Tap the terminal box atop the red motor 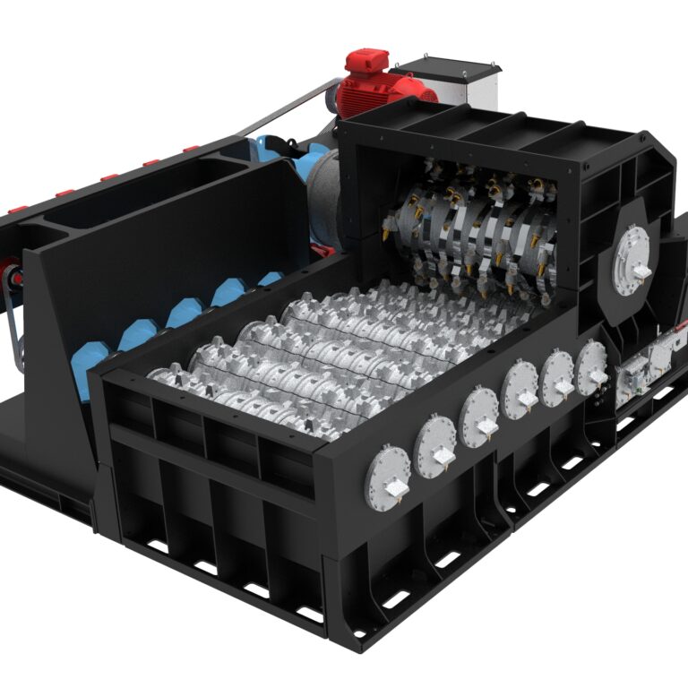(367, 62)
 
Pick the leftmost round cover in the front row (387, 477)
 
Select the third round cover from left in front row (479, 417)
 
